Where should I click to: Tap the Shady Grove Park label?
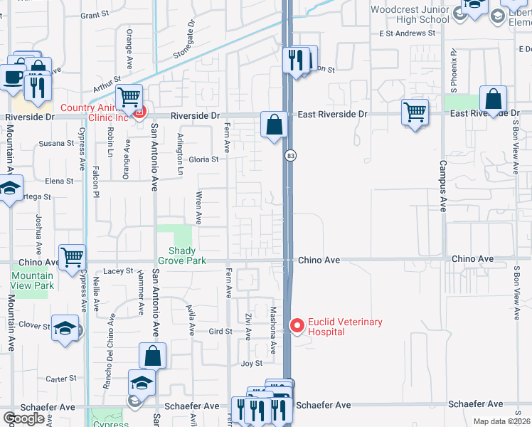click(187, 255)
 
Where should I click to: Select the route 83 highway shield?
click(289, 155)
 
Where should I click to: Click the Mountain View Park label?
click(33, 280)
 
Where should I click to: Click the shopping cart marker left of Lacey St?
click(72, 258)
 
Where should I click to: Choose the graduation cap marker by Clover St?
click(65, 328)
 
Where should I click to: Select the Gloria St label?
click(203, 159)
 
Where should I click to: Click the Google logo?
click(24, 418)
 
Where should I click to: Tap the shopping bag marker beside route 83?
click(274, 126)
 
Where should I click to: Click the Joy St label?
click(252, 364)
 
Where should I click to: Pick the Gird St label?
click(220, 332)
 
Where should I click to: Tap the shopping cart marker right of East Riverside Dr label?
click(415, 112)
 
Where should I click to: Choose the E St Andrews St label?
click(408, 33)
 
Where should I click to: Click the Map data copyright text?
click(501, 421)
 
